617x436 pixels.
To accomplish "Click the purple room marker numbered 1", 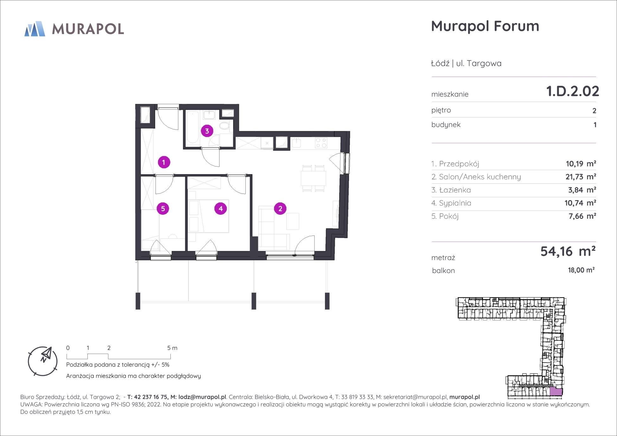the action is pos(164,162).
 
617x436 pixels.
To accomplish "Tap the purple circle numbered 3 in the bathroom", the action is pos(207,131).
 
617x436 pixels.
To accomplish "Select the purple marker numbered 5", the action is pos(163,209).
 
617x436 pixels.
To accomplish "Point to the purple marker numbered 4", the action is pos(220,209).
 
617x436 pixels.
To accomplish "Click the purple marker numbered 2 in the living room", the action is pos(280,209).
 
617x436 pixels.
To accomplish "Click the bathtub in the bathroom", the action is pos(193,128).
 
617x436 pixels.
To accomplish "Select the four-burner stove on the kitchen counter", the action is pos(321,143).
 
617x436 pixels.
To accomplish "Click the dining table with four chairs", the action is pos(314,178).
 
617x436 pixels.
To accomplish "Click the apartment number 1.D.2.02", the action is pos(573,91).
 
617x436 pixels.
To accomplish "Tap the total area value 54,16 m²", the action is pos(568,251).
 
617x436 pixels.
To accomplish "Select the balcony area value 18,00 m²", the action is pos(581,270).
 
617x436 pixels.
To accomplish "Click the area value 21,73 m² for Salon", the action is pos(581,177).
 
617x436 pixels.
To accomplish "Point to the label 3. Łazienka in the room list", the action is pos(451,190).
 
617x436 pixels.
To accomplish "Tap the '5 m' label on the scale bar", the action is pos(172,348).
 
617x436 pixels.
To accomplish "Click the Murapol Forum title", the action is pos(485,26).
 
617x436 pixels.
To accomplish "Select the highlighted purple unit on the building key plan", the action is pos(556,392).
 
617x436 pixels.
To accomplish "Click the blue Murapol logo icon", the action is pos(35,29).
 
